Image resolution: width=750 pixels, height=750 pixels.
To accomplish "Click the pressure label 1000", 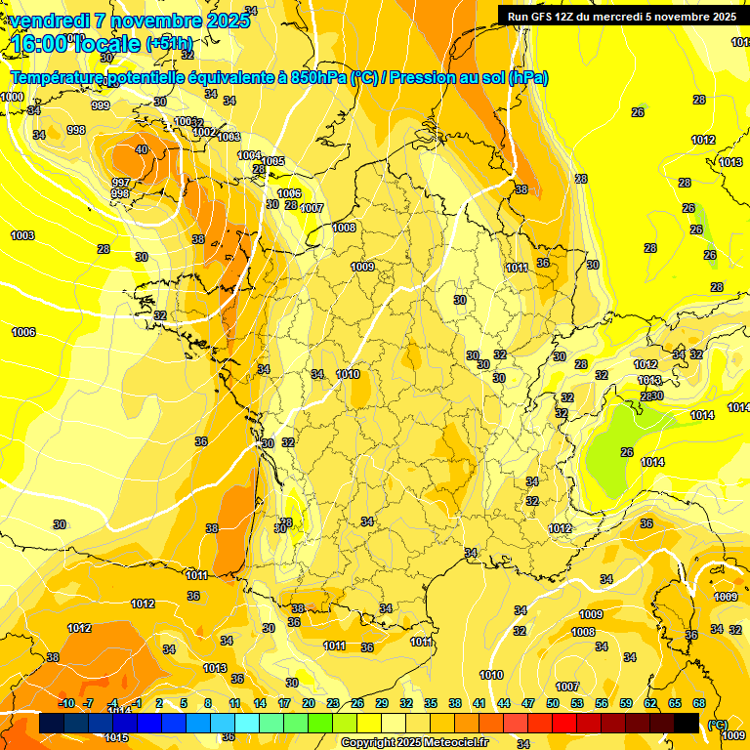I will (12, 97).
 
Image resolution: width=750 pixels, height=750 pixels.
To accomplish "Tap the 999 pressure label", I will (101, 105).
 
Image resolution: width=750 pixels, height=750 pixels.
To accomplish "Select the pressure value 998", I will (76, 130).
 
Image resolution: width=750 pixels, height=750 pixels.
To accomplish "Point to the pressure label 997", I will (120, 183).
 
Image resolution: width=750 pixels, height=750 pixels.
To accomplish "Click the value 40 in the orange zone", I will (142, 149).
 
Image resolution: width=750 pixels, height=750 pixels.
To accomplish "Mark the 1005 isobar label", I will (273, 161).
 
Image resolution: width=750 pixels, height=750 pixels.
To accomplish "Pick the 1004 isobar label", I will (250, 155).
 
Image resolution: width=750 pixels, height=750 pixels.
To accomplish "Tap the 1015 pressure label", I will (117, 737).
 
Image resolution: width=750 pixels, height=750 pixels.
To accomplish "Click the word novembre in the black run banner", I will (680, 17).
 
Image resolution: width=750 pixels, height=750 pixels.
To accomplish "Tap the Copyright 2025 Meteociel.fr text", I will (414, 742).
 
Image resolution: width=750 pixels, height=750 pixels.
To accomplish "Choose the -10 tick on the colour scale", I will (66, 703).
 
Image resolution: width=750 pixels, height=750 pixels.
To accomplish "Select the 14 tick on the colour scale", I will (260, 703).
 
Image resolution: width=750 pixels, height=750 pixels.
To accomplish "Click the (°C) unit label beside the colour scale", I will (717, 724).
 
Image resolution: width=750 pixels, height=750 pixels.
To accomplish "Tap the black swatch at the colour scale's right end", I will (687, 723).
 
